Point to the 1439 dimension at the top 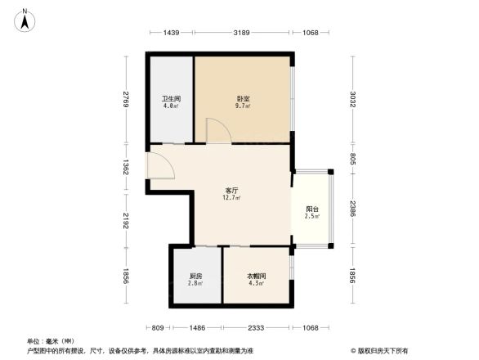point(170,33)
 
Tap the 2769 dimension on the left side point(126,99)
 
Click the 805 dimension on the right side point(354,159)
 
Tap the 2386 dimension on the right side point(354,208)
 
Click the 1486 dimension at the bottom point(195,327)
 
